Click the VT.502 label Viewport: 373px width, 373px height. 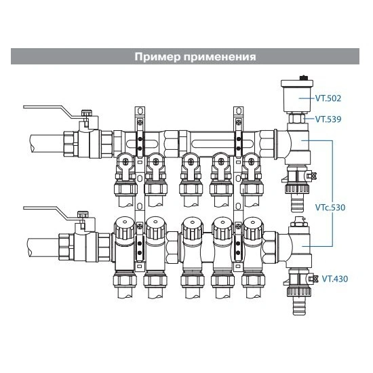point(328,98)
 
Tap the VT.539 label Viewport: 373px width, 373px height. point(328,119)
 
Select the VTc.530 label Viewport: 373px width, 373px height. point(330,208)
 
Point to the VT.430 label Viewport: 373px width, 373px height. point(335,279)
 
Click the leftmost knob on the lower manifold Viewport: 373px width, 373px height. point(125,229)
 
